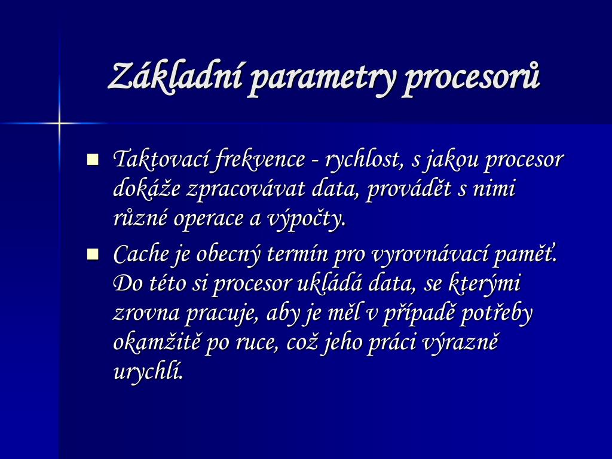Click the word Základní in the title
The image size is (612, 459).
tap(175, 76)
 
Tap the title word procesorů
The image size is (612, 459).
tap(472, 78)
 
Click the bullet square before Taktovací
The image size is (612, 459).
tap(93, 160)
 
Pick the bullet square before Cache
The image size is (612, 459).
tap(93, 255)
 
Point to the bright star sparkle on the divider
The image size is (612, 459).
tap(59, 124)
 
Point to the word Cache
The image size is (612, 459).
tap(140, 255)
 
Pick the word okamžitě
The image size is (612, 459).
tap(157, 342)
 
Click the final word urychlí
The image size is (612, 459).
tap(148, 372)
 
